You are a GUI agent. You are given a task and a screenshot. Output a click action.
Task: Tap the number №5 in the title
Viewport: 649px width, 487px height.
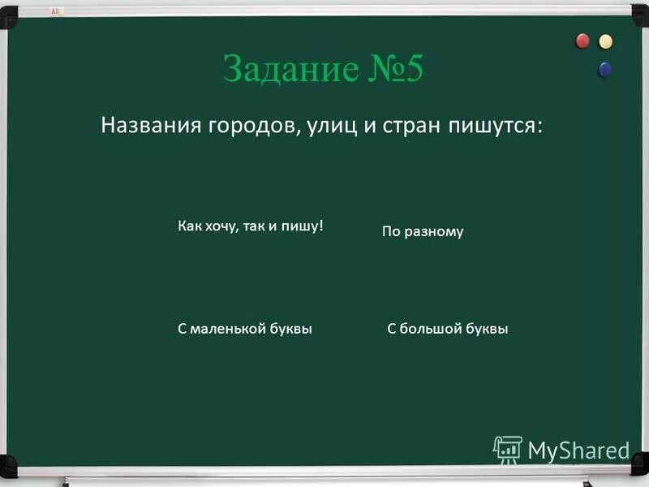coord(394,70)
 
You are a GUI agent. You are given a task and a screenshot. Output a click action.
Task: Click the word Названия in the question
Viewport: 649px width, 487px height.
coord(153,126)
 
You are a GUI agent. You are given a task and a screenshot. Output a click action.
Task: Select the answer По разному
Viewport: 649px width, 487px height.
coord(423,231)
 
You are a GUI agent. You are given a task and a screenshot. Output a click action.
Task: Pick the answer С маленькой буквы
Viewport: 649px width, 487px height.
coord(245,329)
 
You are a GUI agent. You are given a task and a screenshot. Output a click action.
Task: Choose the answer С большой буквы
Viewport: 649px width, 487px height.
coord(448,329)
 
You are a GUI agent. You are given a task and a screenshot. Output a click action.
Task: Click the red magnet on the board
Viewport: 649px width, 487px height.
coord(583,41)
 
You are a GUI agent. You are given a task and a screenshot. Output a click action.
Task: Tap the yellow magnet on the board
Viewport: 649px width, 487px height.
coord(605,41)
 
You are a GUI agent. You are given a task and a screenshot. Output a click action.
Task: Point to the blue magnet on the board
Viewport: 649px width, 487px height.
coord(605,69)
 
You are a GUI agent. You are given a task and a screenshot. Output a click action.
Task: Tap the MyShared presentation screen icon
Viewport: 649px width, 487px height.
coord(507,449)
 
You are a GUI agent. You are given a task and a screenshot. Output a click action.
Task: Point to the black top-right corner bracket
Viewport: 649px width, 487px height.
coord(640,9)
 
